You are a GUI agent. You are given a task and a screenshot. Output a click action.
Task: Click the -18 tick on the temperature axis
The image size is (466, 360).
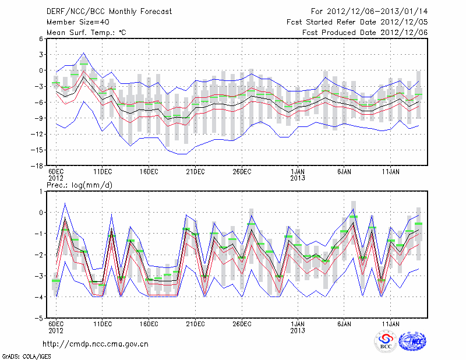click(36, 166)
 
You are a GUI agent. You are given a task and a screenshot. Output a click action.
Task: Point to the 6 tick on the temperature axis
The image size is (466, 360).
click(40, 38)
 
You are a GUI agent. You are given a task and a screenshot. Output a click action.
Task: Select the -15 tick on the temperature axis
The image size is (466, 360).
click(36, 150)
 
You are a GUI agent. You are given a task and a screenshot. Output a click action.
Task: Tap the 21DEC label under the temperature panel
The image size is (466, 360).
click(195, 172)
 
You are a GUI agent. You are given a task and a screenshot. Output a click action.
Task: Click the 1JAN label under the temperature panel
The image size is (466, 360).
click(298, 172)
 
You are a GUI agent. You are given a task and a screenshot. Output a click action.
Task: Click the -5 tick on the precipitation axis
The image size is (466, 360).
click(38, 319)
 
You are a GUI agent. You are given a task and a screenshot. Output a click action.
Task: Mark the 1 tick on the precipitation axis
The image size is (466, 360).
click(40, 191)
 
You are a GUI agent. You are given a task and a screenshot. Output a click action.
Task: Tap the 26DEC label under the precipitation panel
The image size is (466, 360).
click(242, 324)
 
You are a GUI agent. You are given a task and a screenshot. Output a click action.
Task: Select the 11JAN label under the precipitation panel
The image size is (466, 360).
click(391, 324)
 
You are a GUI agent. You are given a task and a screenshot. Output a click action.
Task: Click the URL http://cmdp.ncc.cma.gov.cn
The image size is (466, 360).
click(95, 344)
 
